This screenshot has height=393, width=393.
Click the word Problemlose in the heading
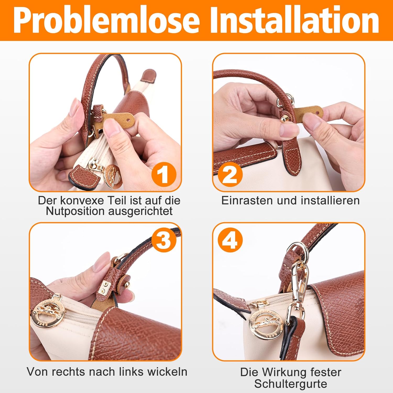106,20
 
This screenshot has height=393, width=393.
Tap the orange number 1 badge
164,174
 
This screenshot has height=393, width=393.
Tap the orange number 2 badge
230,174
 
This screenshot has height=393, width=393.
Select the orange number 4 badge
230,240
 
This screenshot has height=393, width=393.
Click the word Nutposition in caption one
75,211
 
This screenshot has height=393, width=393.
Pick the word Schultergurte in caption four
291,384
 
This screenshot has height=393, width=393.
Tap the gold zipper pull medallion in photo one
113,176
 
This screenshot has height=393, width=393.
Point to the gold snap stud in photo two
283,120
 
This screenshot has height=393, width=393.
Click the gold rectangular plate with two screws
106,287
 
